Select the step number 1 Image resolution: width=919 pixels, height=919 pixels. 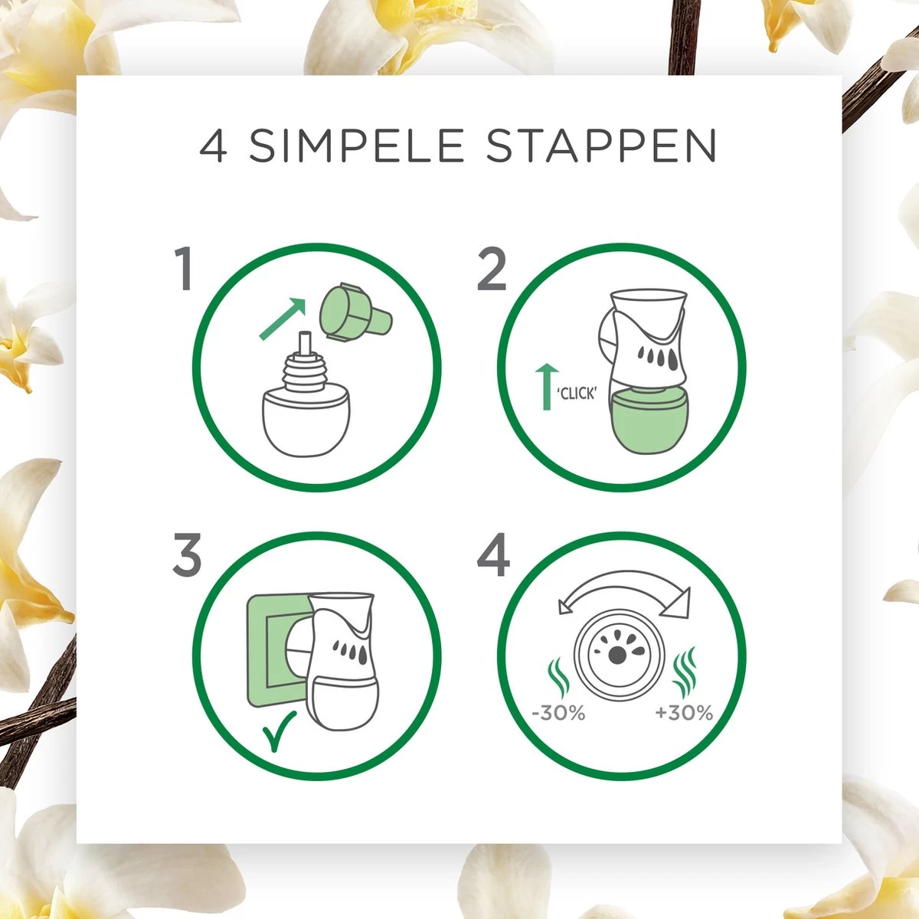tap(184, 269)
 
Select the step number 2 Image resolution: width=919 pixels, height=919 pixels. tap(491, 269)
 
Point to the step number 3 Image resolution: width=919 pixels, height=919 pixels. tap(186, 554)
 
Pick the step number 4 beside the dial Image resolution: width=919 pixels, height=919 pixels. tap(493, 554)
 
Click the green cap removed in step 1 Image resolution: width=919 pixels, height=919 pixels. tap(356, 312)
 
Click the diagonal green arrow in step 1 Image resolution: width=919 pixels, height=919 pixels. tap(283, 319)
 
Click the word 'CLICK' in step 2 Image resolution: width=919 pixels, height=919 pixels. tap(577, 394)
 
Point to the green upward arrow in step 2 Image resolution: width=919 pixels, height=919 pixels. tap(547, 387)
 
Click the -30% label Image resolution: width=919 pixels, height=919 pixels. tap(558, 713)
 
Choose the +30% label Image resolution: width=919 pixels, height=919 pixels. tap(684, 713)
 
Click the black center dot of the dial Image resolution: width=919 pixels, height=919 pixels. tap(617, 656)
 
